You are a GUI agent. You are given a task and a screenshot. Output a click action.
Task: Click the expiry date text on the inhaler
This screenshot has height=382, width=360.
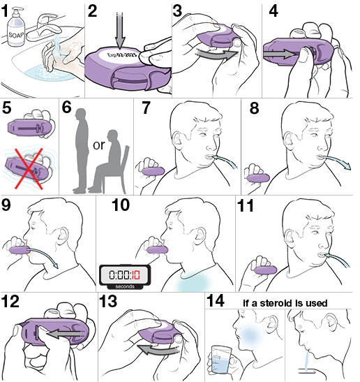(121, 55)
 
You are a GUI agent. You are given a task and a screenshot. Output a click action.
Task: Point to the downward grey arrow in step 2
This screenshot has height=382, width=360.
(120, 31)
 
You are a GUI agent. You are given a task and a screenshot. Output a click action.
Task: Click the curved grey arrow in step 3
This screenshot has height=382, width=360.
(217, 54)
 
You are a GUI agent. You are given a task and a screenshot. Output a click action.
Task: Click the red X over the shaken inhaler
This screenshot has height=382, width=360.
(29, 168)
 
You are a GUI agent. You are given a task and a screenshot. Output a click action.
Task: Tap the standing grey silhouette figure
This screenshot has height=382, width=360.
(81, 151)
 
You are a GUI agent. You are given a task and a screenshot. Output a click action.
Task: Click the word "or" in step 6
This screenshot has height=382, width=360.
(99, 145)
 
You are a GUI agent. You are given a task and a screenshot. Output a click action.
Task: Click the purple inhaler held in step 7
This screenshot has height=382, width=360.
(153, 171)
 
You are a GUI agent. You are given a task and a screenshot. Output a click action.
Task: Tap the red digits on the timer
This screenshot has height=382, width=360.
(136, 275)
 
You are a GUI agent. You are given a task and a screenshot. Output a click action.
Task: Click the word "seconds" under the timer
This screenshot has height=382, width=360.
(125, 286)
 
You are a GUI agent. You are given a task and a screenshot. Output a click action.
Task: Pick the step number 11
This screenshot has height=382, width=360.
(246, 206)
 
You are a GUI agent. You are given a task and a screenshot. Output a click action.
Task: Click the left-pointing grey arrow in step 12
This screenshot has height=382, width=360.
(64, 334)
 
